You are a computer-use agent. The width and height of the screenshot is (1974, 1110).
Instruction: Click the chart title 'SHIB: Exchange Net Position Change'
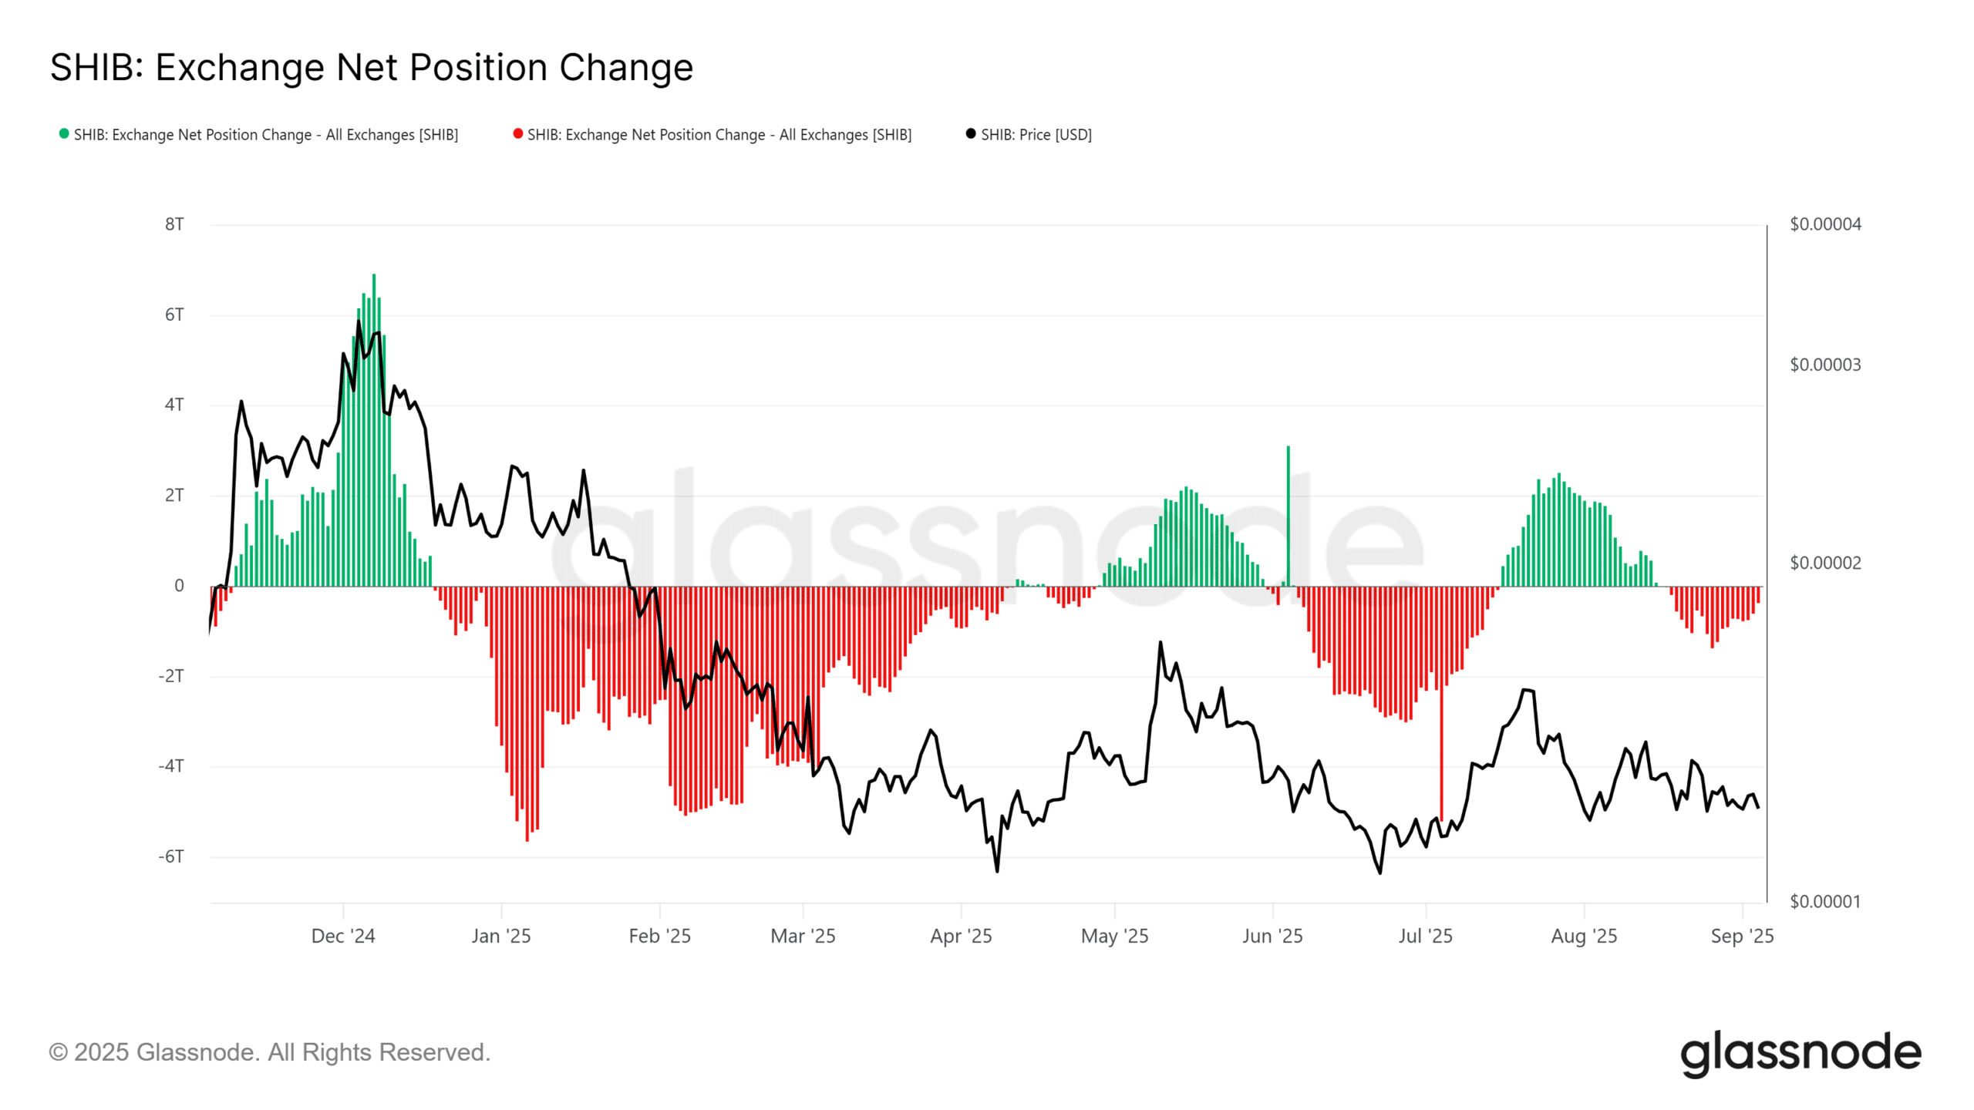(372, 68)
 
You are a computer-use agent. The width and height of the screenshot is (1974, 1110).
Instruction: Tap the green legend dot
(64, 134)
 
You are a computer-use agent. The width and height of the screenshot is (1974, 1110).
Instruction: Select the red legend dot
(518, 134)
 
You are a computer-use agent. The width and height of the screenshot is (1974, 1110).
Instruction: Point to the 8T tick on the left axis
(174, 224)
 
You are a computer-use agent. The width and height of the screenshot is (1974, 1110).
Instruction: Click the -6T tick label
(171, 856)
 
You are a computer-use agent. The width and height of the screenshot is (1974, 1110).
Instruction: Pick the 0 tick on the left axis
(179, 586)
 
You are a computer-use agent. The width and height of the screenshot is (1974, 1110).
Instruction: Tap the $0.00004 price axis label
(1824, 224)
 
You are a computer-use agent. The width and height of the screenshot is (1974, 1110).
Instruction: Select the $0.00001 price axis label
(1824, 901)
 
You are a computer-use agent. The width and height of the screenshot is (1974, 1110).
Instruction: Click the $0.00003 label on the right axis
(1824, 365)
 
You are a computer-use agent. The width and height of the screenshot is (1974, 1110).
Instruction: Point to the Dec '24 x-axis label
(343, 936)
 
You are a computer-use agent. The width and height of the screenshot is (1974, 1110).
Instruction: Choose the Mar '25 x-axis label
(803, 936)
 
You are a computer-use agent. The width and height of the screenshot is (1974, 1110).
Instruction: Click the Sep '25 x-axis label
(1742, 936)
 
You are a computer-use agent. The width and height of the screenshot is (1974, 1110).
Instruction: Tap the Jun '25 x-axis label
(1272, 936)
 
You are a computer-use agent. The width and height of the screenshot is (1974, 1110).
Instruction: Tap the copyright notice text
(270, 1052)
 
